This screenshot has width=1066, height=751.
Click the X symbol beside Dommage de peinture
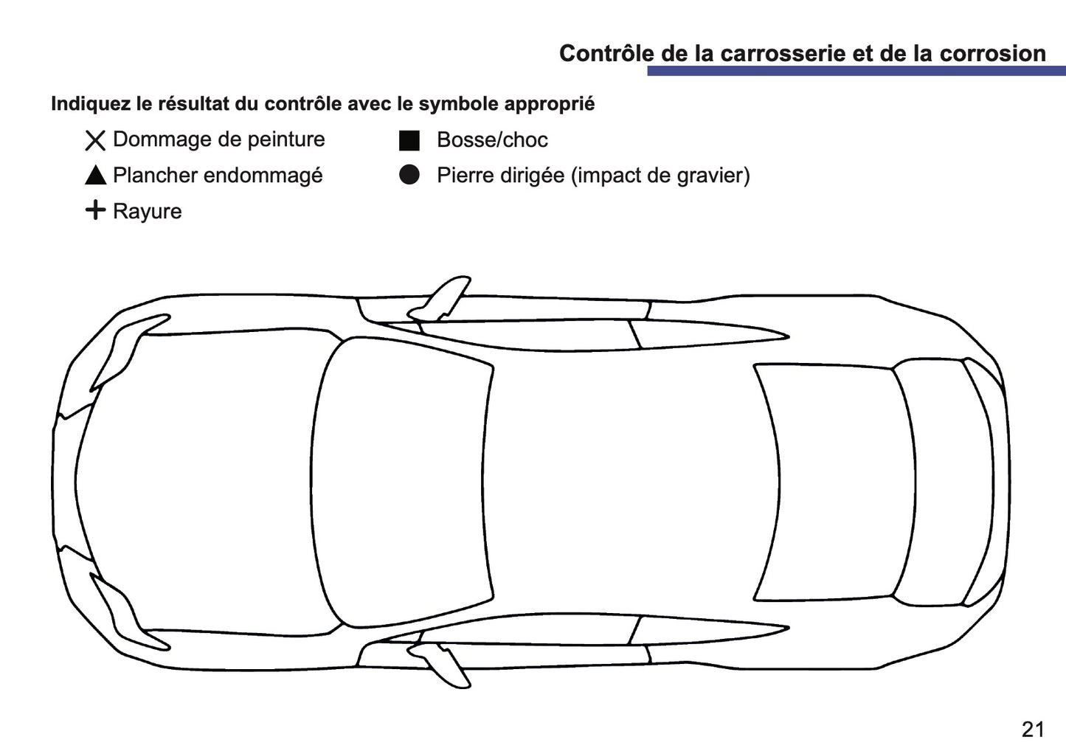point(95,140)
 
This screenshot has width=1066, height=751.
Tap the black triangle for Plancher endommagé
point(95,176)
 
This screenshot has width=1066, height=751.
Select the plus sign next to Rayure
point(95,210)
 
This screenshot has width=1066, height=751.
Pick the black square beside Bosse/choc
point(409,140)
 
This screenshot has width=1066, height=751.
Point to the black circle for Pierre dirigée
point(409,175)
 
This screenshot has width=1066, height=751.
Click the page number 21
point(1033,729)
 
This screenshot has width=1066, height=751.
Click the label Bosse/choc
point(492,140)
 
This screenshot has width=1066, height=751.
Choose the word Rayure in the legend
point(147,212)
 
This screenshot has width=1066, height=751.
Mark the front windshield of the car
point(402,483)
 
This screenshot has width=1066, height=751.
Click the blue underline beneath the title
point(856,71)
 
